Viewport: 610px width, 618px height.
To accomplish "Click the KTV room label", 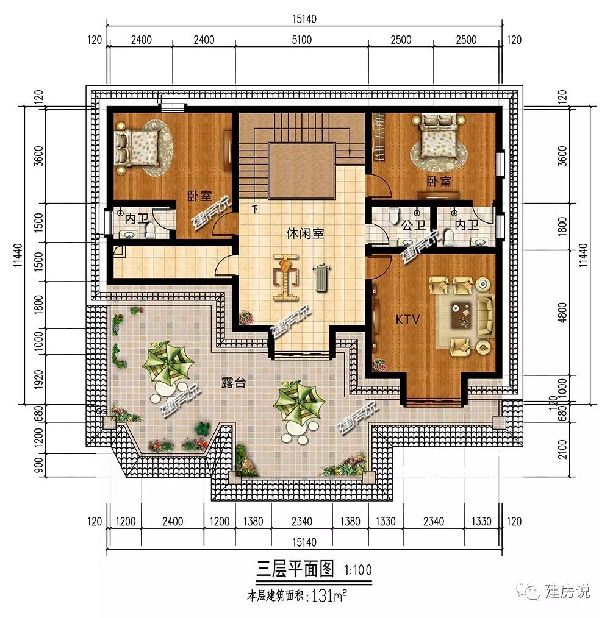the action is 407,319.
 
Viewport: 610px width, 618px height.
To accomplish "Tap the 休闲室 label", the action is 305,233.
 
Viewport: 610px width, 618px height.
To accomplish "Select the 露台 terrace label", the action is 234,382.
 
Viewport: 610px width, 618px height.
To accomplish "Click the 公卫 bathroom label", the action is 414,225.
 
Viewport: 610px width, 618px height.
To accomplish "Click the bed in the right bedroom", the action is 439,135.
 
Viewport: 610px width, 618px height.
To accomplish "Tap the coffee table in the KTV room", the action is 461,315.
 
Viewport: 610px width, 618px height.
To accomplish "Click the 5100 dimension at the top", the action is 302,40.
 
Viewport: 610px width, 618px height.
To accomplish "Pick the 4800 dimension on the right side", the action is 562,312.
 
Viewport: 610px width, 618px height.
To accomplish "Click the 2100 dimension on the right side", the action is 562,449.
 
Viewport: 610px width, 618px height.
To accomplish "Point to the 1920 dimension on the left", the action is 38,379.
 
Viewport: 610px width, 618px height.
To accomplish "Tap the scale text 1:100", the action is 358,570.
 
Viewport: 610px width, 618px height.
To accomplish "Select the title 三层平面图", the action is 295,569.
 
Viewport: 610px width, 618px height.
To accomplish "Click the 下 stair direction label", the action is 255,209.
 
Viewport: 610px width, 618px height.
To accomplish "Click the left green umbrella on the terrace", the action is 168,362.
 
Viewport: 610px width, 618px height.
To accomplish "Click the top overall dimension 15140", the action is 304,19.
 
